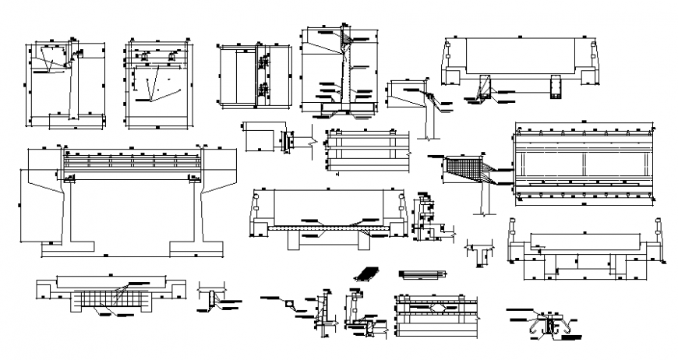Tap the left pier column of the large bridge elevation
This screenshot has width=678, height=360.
tap(68, 210)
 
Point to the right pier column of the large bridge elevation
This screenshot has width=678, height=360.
tap(196, 210)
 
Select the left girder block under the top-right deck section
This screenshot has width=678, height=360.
tap(486, 85)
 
